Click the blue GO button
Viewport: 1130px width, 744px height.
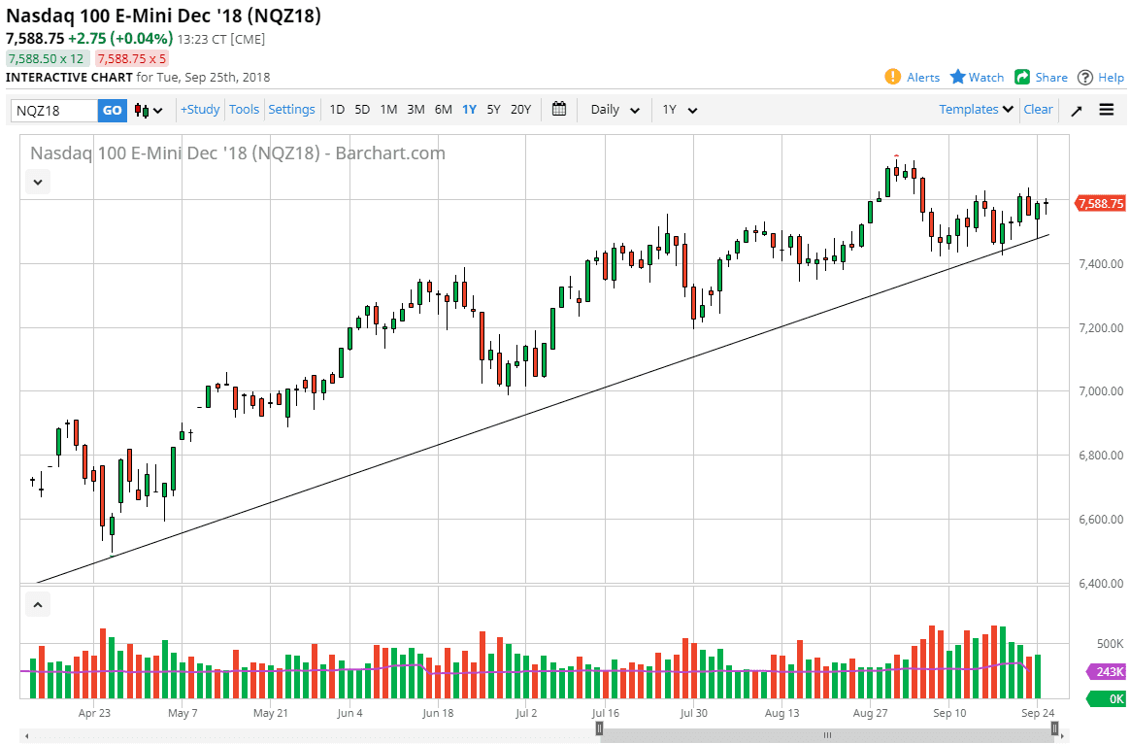113,110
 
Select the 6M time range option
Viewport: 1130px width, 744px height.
443,110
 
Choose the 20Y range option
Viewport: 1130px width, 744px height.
521,110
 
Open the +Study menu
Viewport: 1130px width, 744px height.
200,110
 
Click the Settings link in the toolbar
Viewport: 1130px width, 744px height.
291,110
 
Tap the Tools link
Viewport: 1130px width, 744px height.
244,110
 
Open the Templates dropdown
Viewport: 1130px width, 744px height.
976,110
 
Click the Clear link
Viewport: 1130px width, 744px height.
1038,110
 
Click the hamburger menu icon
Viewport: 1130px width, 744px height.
1107,110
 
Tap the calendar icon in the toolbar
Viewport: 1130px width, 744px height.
559,109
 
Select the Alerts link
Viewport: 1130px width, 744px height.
913,78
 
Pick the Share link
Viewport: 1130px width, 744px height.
1041,78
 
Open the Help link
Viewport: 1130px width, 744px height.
1101,78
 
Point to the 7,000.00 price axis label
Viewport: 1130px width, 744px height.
1100,391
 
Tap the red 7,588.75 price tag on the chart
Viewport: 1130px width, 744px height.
1101,204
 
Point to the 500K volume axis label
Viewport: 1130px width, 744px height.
1106,644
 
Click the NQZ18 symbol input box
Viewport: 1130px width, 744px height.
54,110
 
